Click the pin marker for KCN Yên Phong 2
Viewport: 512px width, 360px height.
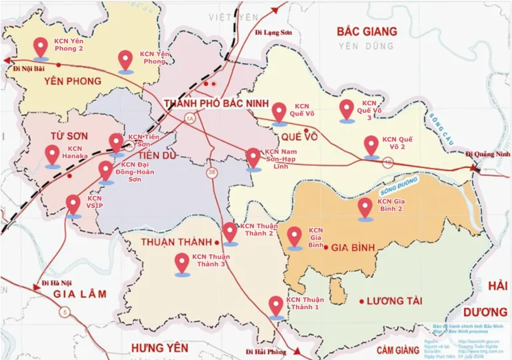(41, 47)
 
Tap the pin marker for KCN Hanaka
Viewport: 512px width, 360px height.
(53, 155)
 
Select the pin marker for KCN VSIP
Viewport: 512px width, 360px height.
(74, 205)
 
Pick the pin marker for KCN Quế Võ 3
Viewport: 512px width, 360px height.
(346, 110)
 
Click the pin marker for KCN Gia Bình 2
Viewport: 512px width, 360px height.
(365, 207)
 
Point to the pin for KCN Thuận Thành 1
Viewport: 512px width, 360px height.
(276, 306)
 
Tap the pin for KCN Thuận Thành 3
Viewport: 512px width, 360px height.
(182, 263)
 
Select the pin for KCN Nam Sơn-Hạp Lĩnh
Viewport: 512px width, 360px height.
(253, 158)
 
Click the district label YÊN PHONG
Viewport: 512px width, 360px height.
(73, 81)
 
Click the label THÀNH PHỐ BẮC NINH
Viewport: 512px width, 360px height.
(215, 103)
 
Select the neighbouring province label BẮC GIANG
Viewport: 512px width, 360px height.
(366, 31)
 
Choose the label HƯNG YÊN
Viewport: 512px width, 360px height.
(159, 347)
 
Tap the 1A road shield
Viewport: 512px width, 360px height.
(189, 119)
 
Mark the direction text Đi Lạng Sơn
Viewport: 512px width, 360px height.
(274, 32)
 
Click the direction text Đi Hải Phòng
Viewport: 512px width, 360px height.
(265, 351)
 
